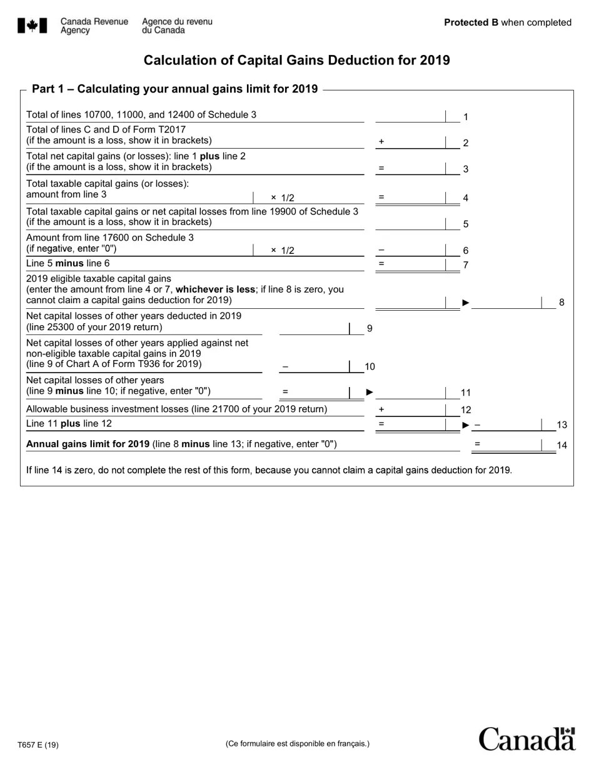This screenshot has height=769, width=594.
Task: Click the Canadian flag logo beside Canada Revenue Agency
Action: click(x=33, y=26)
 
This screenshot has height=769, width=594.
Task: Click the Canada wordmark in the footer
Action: click(x=526, y=739)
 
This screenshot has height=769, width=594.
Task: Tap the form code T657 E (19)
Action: click(x=38, y=745)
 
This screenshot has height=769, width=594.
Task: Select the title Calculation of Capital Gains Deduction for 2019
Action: click(x=296, y=60)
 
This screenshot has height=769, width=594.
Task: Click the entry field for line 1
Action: click(x=410, y=116)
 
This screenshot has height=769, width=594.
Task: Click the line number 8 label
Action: click(x=561, y=303)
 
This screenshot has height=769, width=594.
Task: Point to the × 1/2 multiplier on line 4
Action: click(x=283, y=198)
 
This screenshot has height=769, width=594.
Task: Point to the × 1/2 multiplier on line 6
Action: click(x=283, y=250)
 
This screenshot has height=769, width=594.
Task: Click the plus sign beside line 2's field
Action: click(x=381, y=142)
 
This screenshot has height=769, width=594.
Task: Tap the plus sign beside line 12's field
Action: click(x=381, y=410)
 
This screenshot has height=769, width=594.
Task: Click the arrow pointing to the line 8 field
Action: click(x=466, y=303)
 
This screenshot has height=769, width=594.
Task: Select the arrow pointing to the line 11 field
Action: click(x=370, y=392)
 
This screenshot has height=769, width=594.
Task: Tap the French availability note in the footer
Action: click(x=298, y=743)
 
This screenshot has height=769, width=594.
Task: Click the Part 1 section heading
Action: click(x=175, y=89)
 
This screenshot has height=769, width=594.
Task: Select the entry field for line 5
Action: click(x=410, y=223)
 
